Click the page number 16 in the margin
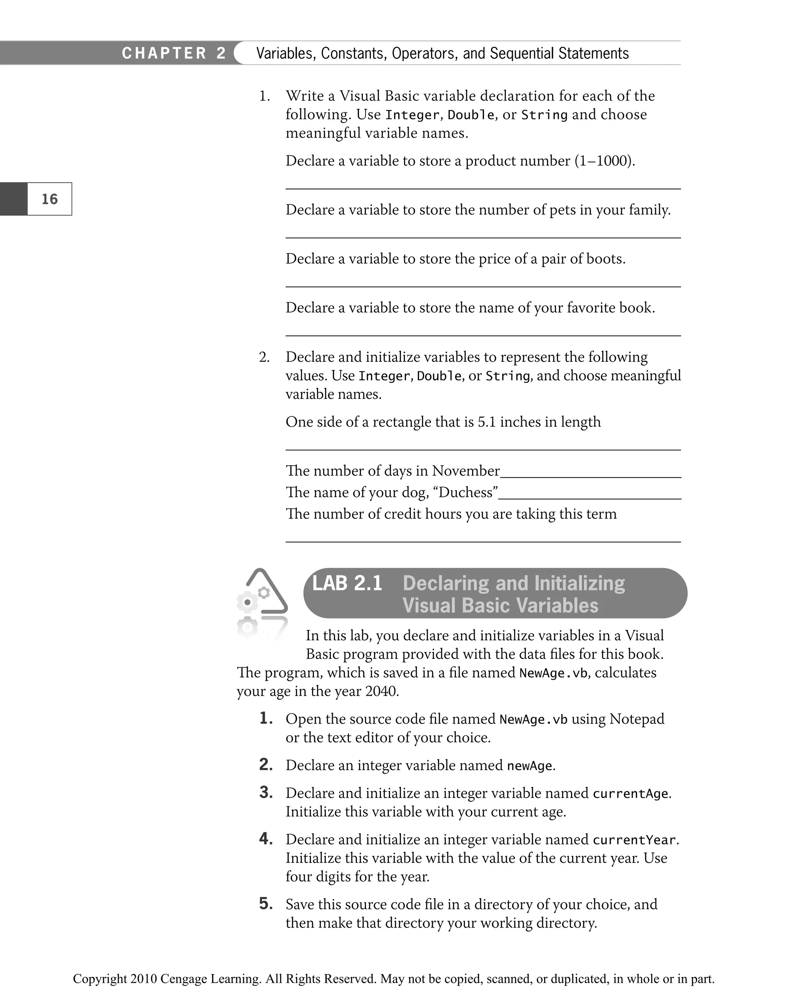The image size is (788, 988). [50, 199]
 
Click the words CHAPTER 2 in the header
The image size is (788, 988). [174, 53]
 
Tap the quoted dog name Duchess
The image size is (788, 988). [467, 492]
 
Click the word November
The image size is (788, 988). [466, 471]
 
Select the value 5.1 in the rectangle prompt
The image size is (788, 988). [487, 421]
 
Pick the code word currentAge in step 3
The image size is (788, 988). [630, 793]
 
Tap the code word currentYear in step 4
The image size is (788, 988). [634, 839]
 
